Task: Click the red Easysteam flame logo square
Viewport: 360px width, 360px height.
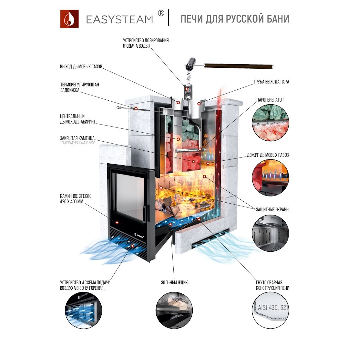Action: click(69, 19)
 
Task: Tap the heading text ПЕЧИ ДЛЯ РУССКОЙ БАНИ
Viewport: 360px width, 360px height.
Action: click(235, 19)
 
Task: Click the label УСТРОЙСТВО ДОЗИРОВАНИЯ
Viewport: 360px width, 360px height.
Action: click(146, 40)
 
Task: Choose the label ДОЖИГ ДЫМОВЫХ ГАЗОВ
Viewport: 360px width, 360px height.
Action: click(268, 155)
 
